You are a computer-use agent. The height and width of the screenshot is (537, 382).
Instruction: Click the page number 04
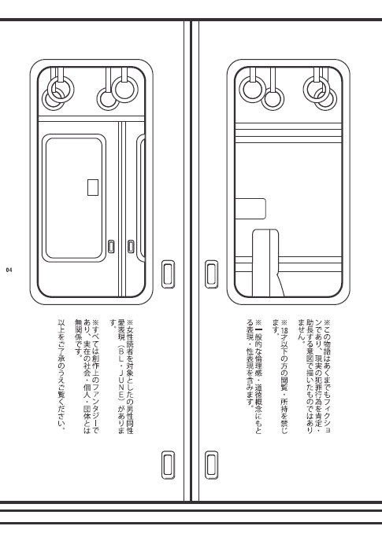(9, 270)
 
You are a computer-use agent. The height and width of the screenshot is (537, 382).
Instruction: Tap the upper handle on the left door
(168, 274)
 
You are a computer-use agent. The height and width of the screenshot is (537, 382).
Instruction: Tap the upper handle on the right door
(211, 274)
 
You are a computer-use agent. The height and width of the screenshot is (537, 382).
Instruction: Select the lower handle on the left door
(168, 465)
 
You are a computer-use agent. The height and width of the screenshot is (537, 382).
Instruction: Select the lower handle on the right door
(211, 465)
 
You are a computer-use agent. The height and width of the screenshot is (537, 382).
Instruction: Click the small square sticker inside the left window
(93, 187)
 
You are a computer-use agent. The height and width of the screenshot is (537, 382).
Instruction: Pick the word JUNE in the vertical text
(121, 377)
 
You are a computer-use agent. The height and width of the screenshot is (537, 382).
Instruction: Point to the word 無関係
(79, 332)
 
